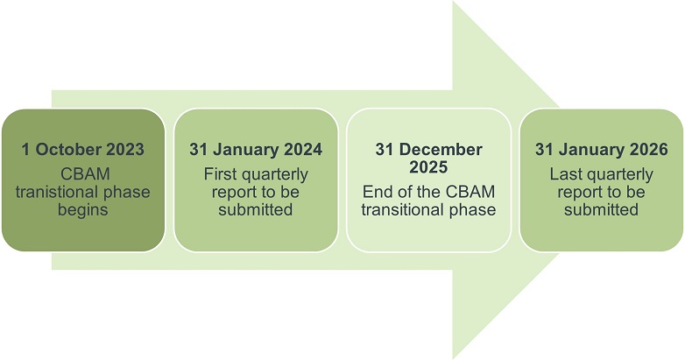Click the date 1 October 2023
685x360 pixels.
tap(83, 150)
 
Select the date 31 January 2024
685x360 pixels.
tap(256, 150)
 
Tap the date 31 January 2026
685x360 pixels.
tap(602, 150)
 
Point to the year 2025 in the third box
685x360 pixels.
tap(428, 167)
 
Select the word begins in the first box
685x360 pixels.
tap(83, 210)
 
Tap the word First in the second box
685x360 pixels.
tap(220, 174)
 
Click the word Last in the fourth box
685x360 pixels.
tap(566, 174)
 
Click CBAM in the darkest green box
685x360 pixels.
tap(85, 174)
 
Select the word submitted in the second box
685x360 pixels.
tap(256, 209)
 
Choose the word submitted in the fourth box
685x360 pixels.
tap(602, 209)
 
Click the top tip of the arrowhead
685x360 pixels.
tap(453, 1)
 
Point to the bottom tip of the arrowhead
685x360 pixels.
tap(453, 359)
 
